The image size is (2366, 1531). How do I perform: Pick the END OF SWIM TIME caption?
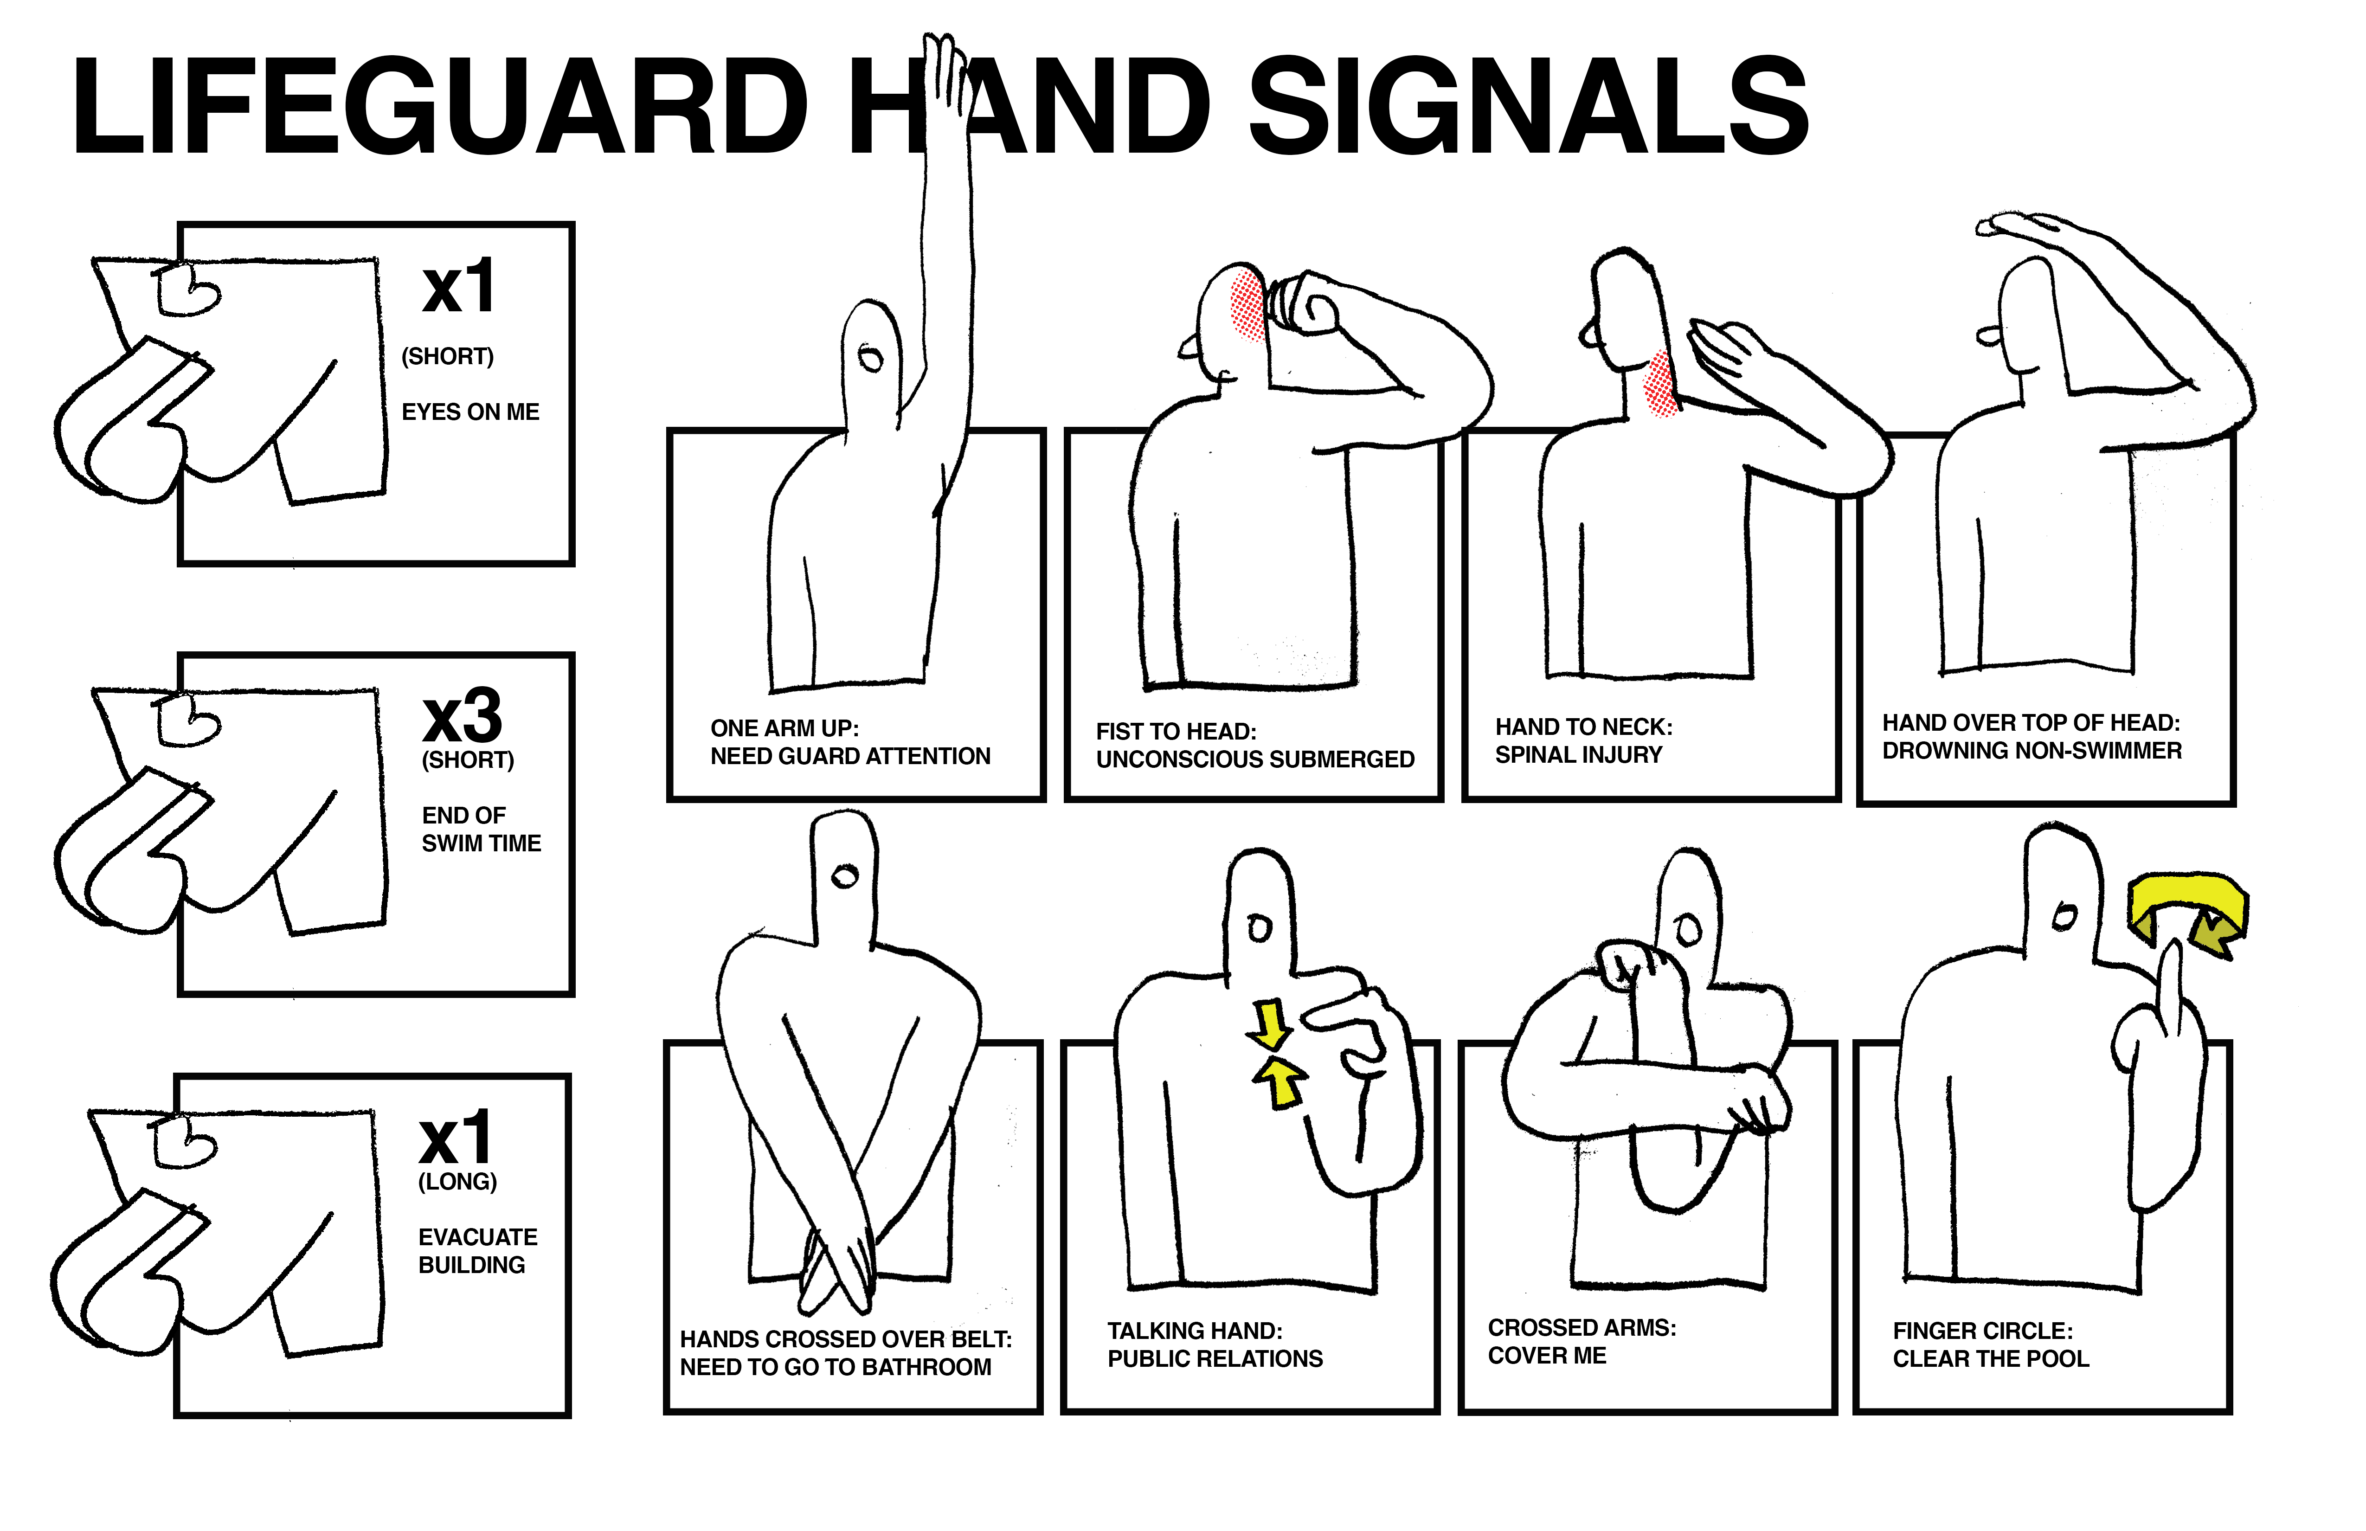[x=481, y=829]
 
